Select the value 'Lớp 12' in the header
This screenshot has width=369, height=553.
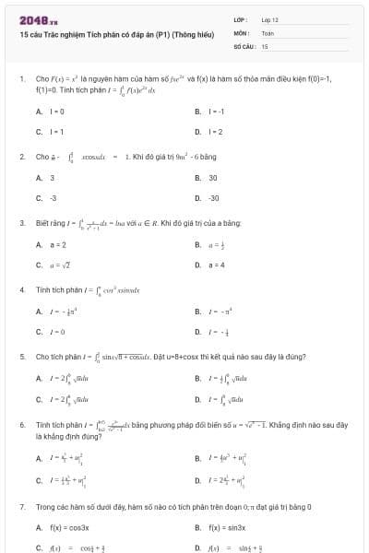pyautogui.click(x=270, y=19)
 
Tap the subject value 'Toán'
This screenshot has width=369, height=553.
pyautogui.click(x=268, y=32)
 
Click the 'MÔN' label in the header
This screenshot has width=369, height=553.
pyautogui.click(x=241, y=32)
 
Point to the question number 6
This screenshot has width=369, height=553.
pyautogui.click(x=21, y=425)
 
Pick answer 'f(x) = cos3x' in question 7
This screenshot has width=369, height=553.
pyautogui.click(x=65, y=527)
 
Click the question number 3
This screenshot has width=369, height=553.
pyautogui.click(x=21, y=222)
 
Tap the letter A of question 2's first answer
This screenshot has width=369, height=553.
pyautogui.click(x=39, y=177)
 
